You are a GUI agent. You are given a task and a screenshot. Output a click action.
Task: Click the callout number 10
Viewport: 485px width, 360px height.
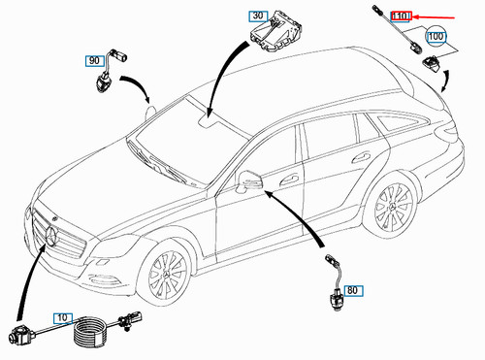[63, 318]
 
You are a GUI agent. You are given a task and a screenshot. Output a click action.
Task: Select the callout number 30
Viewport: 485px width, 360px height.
[258, 16]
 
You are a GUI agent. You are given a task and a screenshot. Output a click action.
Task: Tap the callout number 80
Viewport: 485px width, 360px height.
[353, 291]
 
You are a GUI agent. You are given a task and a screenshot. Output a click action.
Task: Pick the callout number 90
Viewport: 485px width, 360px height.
[94, 61]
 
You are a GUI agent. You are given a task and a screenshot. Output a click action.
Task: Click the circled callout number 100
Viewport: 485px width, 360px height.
[436, 37]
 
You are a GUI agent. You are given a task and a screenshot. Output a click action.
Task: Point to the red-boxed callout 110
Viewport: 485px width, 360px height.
[401, 16]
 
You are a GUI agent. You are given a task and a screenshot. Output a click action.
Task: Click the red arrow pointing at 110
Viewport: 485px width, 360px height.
[435, 16]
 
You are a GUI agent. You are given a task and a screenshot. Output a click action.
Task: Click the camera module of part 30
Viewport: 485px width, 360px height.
[277, 31]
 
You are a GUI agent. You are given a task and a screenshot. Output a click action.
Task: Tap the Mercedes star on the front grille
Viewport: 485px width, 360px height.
[51, 237]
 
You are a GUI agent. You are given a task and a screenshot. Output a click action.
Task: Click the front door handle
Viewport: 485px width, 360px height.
[289, 180]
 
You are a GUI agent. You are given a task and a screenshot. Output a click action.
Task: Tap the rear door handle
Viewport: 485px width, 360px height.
[361, 157]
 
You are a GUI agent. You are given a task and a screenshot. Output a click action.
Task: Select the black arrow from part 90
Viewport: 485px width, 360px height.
[139, 84]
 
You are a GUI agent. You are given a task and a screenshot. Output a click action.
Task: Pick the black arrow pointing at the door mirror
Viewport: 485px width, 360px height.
[298, 215]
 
